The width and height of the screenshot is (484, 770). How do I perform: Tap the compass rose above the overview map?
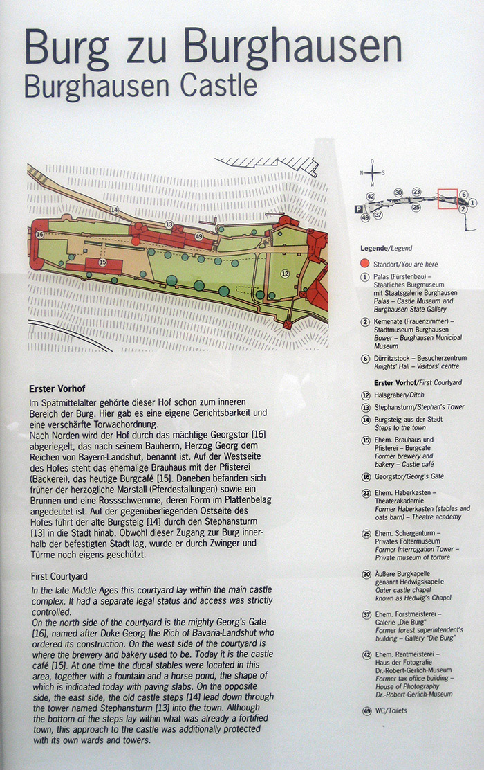coord(372,173)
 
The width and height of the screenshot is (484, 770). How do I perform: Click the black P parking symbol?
coord(358,208)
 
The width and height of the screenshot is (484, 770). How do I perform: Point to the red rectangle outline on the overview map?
coord(448,199)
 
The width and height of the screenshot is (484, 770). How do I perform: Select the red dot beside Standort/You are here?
coord(364,264)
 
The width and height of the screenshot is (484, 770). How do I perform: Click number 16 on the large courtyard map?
coord(39,234)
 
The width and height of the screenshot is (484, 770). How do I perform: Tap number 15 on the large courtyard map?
coord(102,262)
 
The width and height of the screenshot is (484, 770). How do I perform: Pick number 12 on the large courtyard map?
coord(285,274)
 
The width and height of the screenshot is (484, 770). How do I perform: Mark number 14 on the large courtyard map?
coord(114,210)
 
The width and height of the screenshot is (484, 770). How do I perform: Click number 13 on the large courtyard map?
coord(169,224)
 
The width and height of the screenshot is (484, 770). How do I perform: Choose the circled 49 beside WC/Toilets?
coord(366,710)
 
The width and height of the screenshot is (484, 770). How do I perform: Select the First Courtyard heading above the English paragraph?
coord(59,576)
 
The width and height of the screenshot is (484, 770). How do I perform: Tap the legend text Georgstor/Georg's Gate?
coord(409,476)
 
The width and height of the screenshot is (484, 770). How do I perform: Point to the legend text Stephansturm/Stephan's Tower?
coord(419,407)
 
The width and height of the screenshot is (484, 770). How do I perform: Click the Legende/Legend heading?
coord(387,249)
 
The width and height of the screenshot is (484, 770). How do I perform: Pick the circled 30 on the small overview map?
coord(398,193)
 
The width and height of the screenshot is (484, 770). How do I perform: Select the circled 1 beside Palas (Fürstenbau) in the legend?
coord(365,277)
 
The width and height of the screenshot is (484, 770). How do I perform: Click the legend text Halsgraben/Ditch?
coord(399,395)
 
